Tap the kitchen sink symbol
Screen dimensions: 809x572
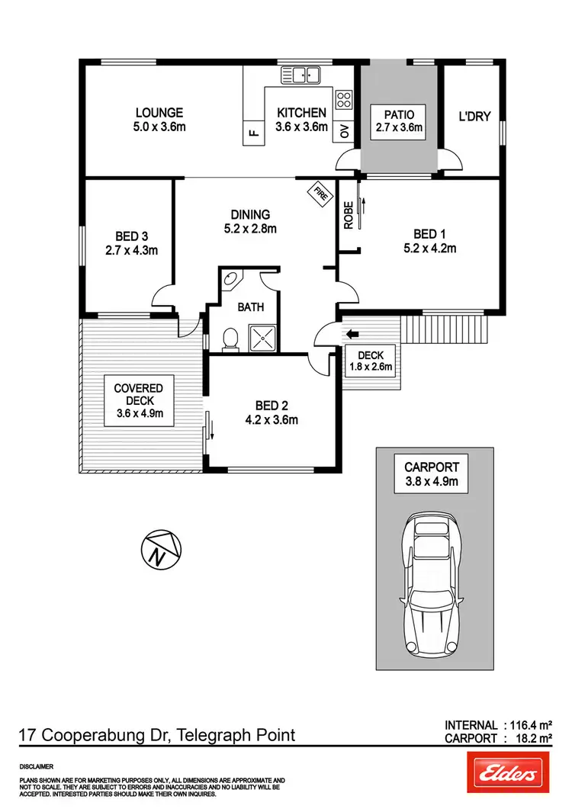302,75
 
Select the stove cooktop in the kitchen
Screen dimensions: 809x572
344,98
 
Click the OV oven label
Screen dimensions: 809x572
344,131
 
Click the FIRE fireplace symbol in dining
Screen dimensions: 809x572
319,193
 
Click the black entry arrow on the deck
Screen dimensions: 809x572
352,333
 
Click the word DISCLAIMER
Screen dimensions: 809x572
37,764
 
